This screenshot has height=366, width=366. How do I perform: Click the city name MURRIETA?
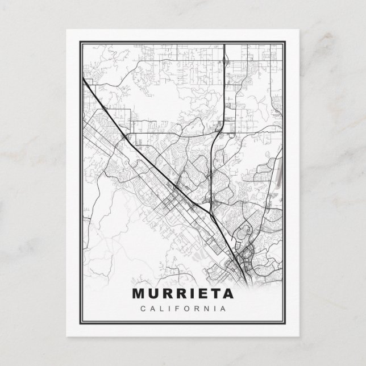pyautogui.click(x=183, y=294)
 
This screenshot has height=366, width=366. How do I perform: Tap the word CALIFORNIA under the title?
pyautogui.click(x=183, y=309)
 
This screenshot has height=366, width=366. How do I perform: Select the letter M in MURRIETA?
pyautogui.click(x=140, y=294)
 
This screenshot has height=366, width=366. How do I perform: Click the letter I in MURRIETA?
pyautogui.click(x=188, y=294)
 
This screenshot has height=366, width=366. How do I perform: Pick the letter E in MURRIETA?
pyautogui.click(x=199, y=294)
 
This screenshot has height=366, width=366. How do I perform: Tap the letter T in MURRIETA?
pyautogui.click(x=213, y=294)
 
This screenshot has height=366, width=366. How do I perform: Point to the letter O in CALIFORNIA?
pyautogui.click(x=186, y=309)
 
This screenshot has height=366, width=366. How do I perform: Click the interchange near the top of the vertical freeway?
pyautogui.click(x=225, y=61)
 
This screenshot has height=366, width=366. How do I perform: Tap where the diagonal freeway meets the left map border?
pyautogui.click(x=84, y=80)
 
